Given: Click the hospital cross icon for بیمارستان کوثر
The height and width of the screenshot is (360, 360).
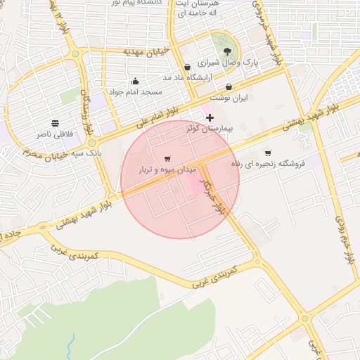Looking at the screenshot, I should point(210,117).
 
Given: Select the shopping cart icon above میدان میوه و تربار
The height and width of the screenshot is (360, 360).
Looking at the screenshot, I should point(167,159).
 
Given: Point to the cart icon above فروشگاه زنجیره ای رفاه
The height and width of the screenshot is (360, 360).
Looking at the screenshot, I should point(268,153).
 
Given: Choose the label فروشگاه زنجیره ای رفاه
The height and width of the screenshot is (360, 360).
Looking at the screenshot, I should point(267,164).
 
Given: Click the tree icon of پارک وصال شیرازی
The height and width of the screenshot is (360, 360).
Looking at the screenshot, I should point(226,51).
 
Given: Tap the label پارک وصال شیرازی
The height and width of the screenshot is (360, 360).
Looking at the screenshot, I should point(226,63).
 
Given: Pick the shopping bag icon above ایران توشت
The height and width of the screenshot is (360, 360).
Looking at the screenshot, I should point(229,87).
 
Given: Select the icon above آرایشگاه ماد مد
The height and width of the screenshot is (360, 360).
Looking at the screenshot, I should point(187,67).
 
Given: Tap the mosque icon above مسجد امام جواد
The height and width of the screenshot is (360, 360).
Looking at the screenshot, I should point(135,81).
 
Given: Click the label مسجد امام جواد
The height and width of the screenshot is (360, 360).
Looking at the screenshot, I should point(135,92).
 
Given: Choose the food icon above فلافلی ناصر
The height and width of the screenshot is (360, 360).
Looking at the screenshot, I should point(56,122).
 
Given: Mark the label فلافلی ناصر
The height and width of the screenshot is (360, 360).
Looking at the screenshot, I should point(56,134).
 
